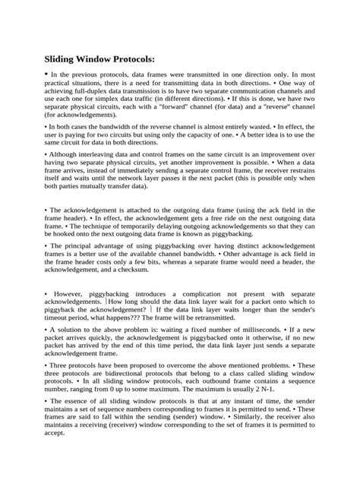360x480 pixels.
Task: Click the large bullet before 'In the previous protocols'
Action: point(46,76)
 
